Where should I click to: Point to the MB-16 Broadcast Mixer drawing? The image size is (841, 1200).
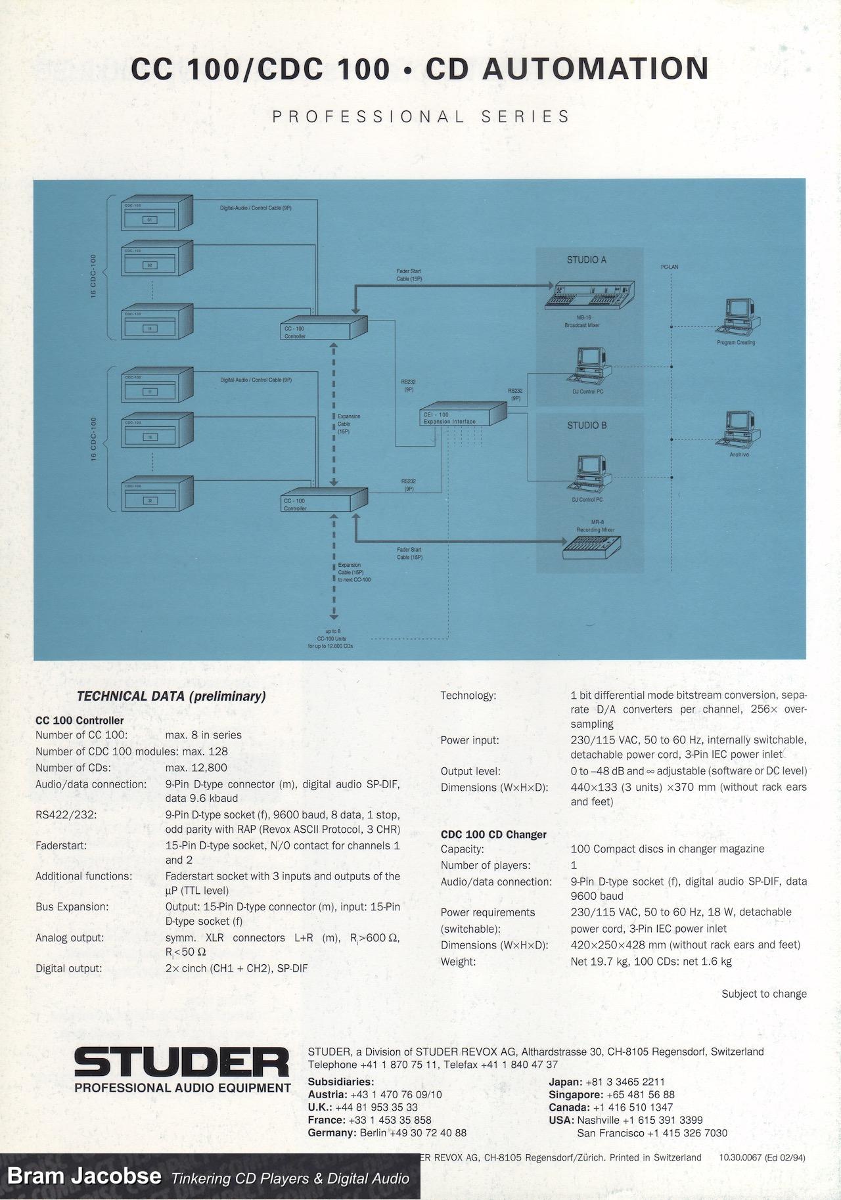tap(589, 295)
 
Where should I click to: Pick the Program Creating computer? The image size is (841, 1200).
tap(737, 317)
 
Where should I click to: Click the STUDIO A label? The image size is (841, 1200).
tap(586, 260)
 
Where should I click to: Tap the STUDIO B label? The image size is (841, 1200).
tap(586, 425)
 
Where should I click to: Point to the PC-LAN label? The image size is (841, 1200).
tap(670, 267)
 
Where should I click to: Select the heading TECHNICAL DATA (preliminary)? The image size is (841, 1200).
tap(171, 696)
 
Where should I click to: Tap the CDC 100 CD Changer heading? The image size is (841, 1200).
tap(493, 834)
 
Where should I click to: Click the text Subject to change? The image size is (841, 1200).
tap(763, 994)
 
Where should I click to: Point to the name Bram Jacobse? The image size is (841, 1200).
tap(84, 1175)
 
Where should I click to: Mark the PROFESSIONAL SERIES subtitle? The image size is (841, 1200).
tap(420, 117)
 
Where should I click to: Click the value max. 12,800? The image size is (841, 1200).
tap(196, 767)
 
